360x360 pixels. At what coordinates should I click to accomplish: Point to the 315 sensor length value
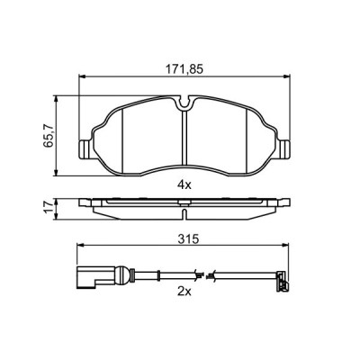pos(186,240)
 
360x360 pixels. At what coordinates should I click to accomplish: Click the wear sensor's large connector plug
pos(86,277)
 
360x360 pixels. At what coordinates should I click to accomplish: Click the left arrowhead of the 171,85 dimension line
pos(82,77)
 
